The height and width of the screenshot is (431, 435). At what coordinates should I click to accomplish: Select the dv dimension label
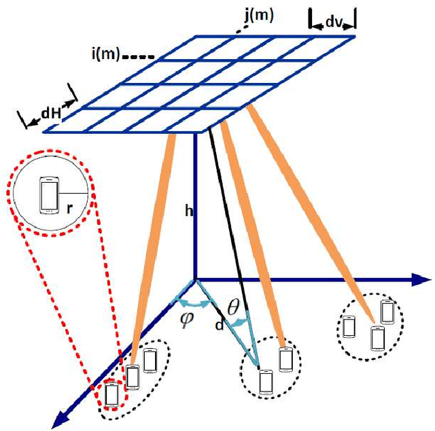pos(333,22)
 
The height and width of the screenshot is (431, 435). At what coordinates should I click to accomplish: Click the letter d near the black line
pos(218,326)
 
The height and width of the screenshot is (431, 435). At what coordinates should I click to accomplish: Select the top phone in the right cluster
pos(388,311)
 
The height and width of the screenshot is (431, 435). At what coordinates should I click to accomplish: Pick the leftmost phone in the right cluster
pos(349,326)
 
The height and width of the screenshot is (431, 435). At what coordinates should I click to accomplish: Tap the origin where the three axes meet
pos(195,279)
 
